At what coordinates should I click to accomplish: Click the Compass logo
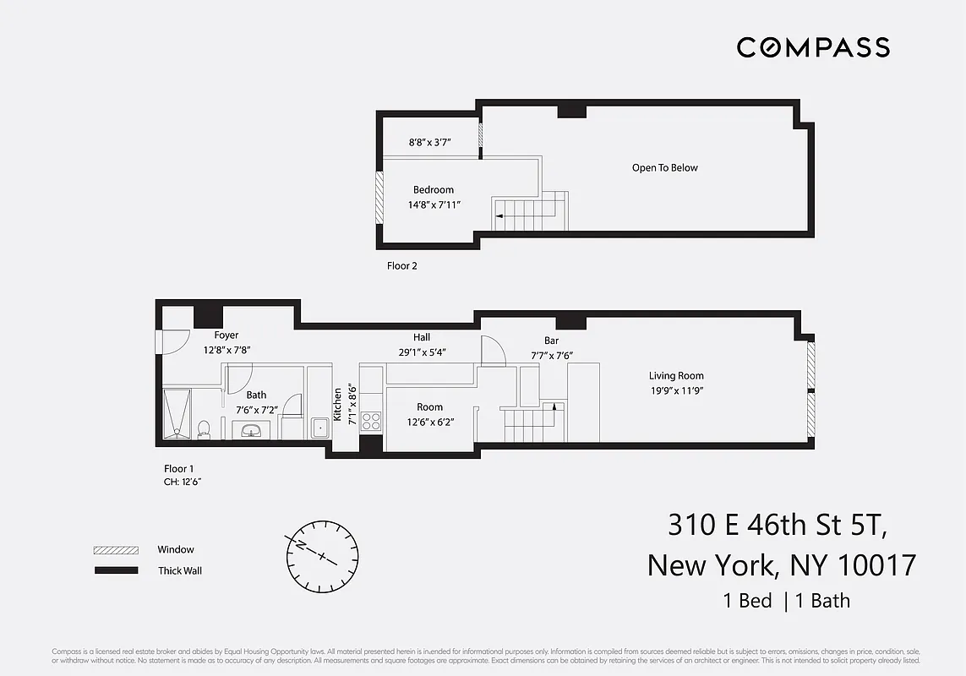[x=813, y=47]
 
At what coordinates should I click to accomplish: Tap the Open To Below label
[x=665, y=167]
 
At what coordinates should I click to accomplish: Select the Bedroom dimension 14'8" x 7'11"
[x=433, y=204]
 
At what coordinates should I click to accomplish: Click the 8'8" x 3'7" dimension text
[x=430, y=144]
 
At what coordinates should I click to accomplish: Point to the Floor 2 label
[x=402, y=265]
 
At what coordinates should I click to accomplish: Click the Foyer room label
[x=226, y=335]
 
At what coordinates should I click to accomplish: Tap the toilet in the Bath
[x=203, y=430]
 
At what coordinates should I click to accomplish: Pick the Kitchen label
[x=338, y=405]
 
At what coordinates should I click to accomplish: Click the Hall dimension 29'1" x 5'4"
[x=422, y=352]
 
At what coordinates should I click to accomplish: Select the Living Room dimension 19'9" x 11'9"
[x=676, y=390]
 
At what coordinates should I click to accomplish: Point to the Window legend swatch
[x=116, y=550]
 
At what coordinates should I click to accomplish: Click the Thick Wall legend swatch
[x=116, y=570]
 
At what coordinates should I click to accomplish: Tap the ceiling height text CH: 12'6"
[x=183, y=482]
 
